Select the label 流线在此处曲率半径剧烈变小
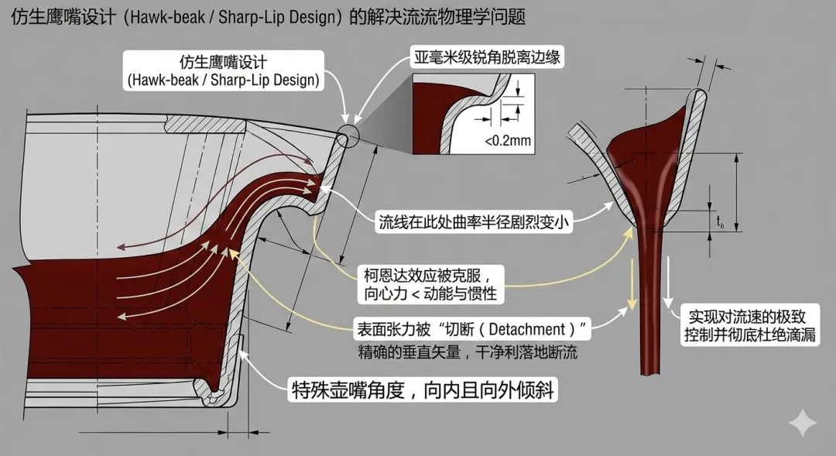click(x=475, y=223)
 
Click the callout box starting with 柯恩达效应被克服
click(x=434, y=284)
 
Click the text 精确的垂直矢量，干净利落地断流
click(x=468, y=352)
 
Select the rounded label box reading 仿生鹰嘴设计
click(x=224, y=69)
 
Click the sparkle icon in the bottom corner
click(x=802, y=423)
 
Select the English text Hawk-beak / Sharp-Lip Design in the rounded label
click(x=224, y=79)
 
